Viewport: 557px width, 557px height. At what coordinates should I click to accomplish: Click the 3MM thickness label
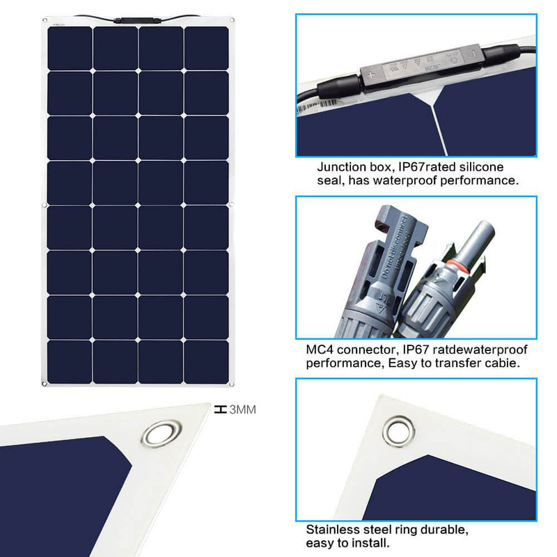(243, 410)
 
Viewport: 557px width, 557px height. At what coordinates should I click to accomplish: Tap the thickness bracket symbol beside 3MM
(221, 410)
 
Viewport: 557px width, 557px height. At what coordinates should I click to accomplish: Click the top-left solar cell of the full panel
(69, 47)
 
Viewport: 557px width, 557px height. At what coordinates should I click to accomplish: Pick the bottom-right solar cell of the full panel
(207, 361)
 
